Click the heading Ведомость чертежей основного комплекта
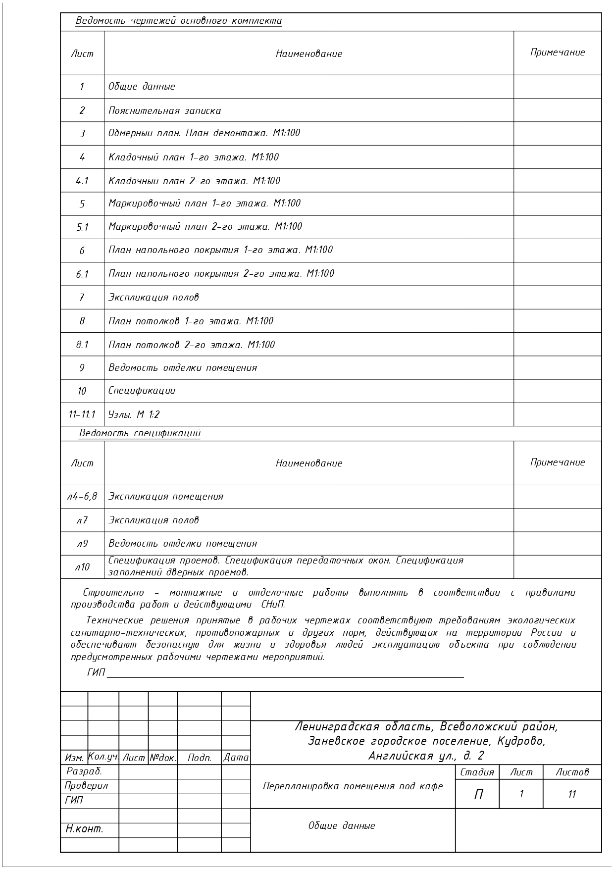pos(179,21)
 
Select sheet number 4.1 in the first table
pos(82,181)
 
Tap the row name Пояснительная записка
pos(165,110)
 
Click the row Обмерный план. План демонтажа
pos(204,133)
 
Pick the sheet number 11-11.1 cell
pos(82,414)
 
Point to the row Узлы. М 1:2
pos(134,414)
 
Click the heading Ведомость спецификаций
pos(140,433)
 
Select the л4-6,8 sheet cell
pos(82,496)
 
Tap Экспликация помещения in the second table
pos(166,496)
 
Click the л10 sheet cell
pos(82,567)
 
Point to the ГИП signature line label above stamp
pos(97,672)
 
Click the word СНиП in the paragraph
pos(272,605)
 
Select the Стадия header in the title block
pos(477,772)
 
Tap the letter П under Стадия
pos(478,794)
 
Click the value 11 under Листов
pos(572,794)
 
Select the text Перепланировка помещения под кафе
pos(353,786)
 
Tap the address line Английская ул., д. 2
pos(426,756)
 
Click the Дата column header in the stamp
pos(236,758)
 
